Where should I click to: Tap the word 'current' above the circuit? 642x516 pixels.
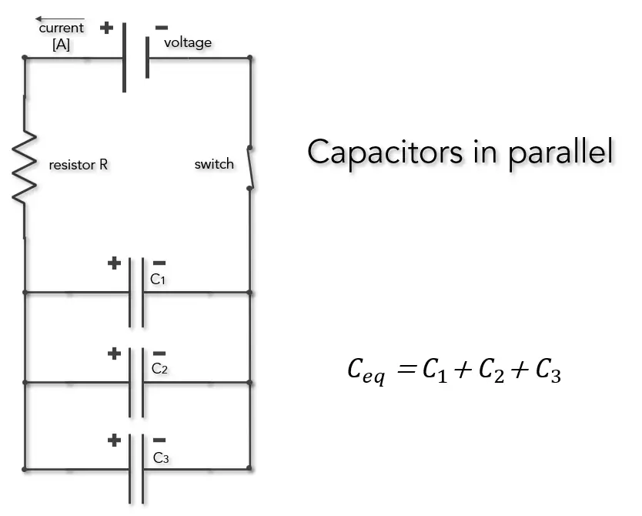click(61, 28)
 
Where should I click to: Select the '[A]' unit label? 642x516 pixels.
click(61, 45)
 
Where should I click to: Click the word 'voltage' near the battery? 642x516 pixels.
click(188, 42)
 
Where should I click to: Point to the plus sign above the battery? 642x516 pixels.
click(106, 28)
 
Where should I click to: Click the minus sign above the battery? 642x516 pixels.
click(162, 28)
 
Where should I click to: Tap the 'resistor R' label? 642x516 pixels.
click(78, 165)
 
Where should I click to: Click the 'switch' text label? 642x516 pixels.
click(214, 164)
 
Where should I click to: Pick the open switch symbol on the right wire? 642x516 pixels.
click(250, 166)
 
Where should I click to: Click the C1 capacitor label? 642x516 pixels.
click(158, 280)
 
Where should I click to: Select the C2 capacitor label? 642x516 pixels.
click(159, 369)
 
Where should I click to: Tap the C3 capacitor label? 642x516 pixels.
click(161, 458)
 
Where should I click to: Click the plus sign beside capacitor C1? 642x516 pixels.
click(114, 263)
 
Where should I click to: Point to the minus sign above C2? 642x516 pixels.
click(159, 353)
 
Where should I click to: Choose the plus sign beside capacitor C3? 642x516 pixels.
click(115, 441)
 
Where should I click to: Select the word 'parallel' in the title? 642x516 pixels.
click(561, 152)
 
